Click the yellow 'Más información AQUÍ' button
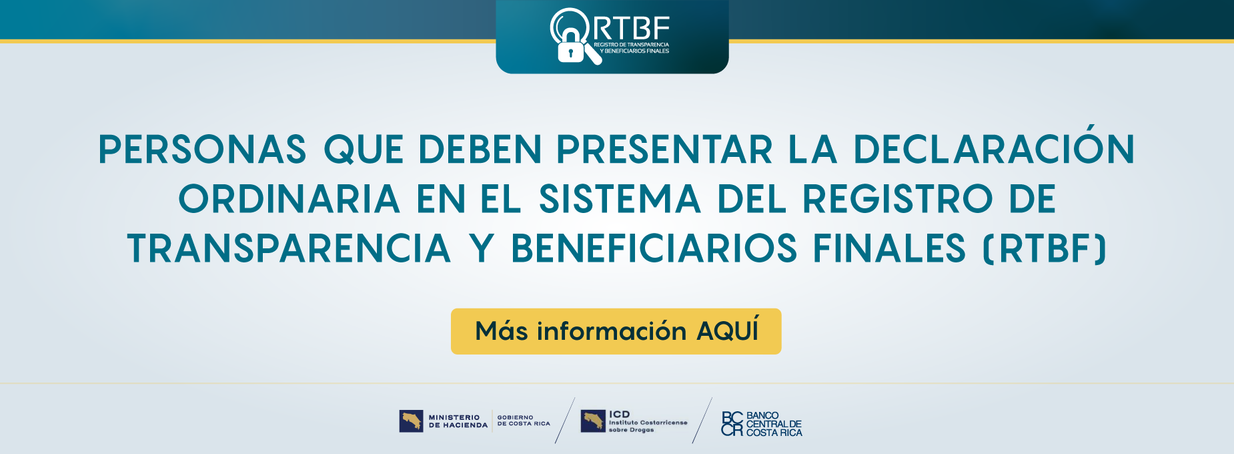pos(616,331)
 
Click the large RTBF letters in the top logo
pos(630,28)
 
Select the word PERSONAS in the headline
pos(202,149)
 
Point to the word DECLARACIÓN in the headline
pos(994,149)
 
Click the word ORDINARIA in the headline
pos(289,199)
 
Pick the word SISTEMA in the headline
pos(620,199)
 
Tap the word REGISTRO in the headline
pos(897,199)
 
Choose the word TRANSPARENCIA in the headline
pos(289,248)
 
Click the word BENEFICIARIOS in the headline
pos(654,248)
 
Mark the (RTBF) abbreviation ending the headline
pos(1045,248)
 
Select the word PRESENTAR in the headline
pos(664,149)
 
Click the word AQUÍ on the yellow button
pos(727,331)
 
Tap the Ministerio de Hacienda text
pos(458,421)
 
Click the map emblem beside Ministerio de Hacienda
pos(412,421)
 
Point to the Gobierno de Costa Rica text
pos(524,421)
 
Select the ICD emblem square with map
pos(592,421)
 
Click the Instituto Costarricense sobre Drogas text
pos(647,426)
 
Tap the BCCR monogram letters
pos(732,424)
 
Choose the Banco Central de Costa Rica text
pos(774,424)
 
